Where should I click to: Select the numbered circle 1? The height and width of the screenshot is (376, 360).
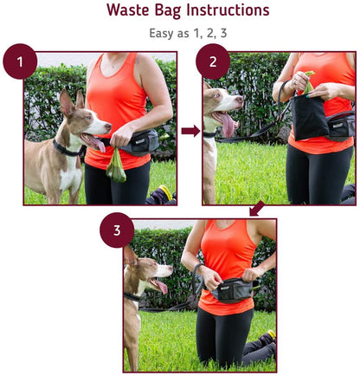20,62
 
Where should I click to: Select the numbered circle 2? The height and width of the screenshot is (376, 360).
213,62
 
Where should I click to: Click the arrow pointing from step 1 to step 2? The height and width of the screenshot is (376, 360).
190,131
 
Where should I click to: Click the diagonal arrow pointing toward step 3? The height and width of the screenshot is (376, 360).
256,209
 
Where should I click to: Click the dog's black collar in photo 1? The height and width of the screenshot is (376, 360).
66,148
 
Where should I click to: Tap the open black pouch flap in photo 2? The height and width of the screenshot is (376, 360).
308,114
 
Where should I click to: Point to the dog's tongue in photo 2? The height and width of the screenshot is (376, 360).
228,126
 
